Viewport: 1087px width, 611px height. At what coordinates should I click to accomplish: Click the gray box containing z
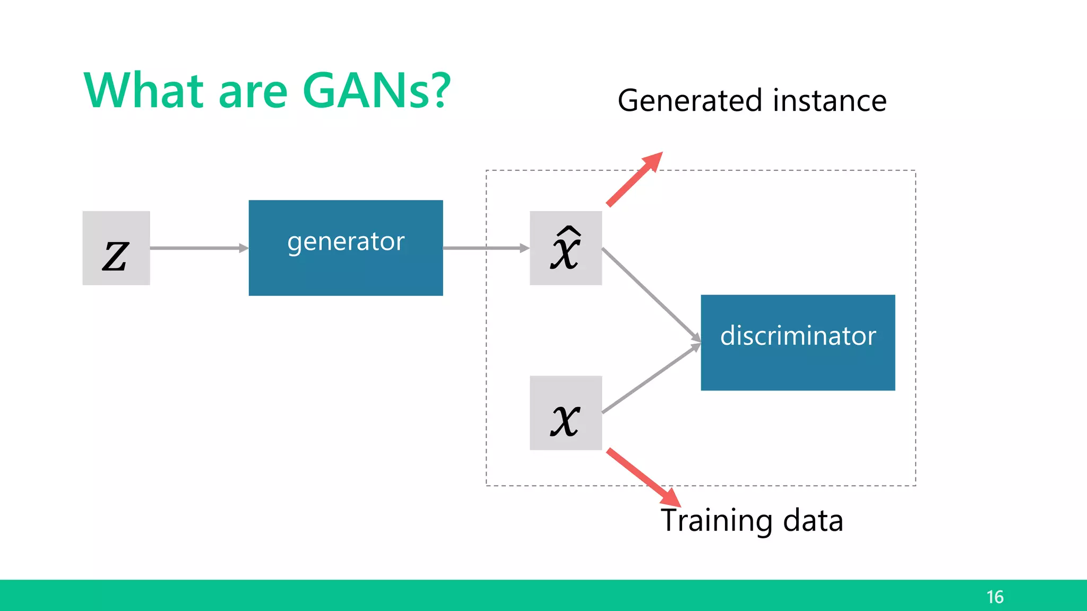pos(116,248)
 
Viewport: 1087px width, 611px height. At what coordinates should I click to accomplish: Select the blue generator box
pos(346,248)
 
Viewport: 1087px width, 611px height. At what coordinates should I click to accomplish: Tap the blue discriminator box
pos(798,343)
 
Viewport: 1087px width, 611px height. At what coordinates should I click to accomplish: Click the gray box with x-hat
pos(566,248)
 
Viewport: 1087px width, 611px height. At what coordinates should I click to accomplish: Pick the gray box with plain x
pos(566,413)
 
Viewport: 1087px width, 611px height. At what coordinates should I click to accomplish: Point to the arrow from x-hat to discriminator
pos(651,294)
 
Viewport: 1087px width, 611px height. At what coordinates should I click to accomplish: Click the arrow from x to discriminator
pos(651,379)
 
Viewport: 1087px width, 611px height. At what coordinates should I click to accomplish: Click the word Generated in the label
pos(691,101)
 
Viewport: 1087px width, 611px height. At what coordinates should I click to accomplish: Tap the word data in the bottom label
pos(813,521)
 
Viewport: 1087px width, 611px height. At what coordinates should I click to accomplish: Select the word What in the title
pos(144,91)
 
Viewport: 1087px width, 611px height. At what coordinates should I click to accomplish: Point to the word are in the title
pos(253,93)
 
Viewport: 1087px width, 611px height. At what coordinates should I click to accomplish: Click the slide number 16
pos(995,597)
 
